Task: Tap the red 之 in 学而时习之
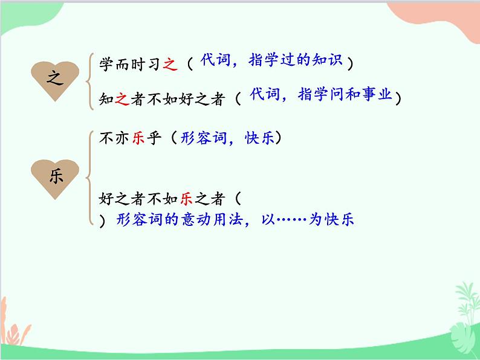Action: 170,64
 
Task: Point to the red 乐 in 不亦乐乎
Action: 138,138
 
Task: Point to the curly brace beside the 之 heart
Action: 90,81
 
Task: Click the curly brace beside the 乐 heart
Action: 90,178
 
